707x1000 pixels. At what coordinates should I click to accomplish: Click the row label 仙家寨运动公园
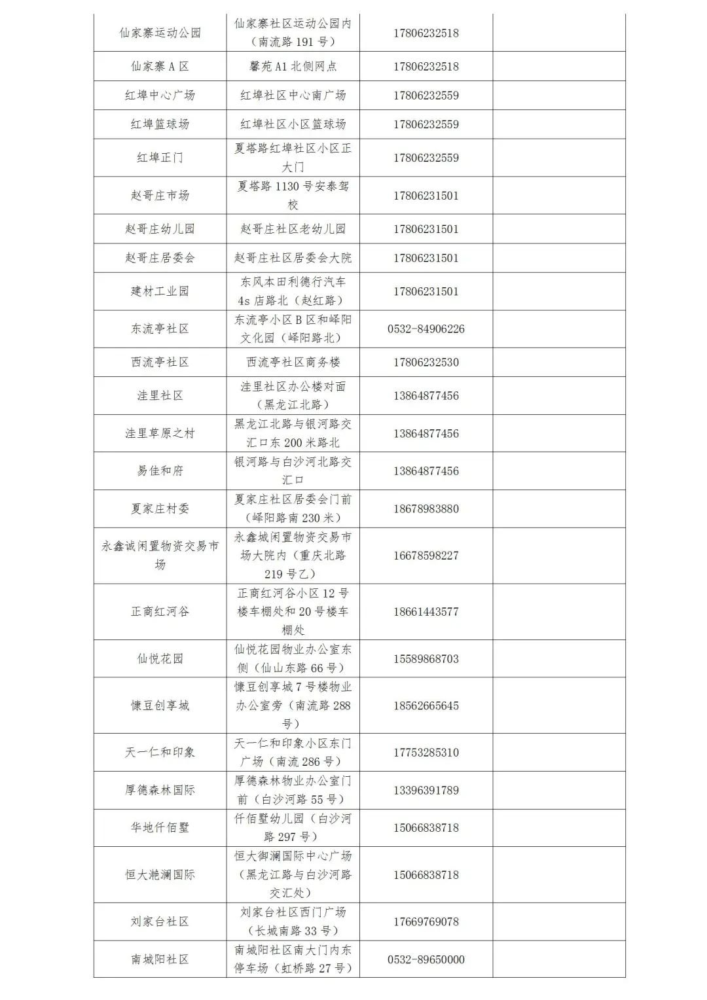160,33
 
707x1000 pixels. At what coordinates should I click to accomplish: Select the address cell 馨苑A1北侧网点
293,67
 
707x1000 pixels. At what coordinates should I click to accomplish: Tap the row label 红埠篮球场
160,124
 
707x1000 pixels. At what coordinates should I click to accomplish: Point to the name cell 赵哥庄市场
160,195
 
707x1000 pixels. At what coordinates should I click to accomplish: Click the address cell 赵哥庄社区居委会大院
293,258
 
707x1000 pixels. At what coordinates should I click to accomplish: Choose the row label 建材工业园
160,291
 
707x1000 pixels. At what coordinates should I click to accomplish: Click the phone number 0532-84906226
426,329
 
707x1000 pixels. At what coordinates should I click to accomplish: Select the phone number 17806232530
426,363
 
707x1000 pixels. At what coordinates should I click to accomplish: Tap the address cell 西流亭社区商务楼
293,363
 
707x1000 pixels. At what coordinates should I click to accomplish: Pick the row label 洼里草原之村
160,433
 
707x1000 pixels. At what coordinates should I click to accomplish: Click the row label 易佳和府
160,471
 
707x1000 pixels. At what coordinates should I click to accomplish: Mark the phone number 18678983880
426,509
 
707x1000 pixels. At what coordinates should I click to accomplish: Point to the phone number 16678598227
426,556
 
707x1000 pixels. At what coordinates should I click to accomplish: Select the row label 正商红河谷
160,612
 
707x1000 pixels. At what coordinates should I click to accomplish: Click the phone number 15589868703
426,659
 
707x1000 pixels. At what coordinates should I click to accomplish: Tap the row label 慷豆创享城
160,705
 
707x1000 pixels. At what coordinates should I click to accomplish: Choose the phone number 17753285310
426,753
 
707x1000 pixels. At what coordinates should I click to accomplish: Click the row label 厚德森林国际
160,791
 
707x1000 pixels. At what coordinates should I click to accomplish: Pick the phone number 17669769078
426,921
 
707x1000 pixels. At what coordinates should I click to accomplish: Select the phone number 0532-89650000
426,959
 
